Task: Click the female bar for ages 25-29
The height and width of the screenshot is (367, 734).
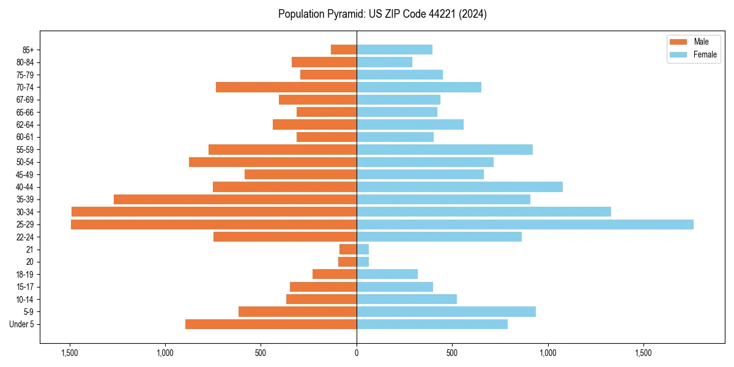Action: pyautogui.click(x=525, y=224)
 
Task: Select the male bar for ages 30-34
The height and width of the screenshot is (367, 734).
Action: pyautogui.click(x=214, y=212)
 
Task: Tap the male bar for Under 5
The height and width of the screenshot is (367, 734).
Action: pyautogui.click(x=271, y=324)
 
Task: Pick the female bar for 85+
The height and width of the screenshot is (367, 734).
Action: pyautogui.click(x=395, y=50)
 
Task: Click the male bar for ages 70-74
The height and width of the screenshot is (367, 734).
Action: pyautogui.click(x=286, y=87)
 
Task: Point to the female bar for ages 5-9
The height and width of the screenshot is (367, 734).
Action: pyautogui.click(x=446, y=311)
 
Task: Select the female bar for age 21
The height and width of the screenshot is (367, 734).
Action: pyautogui.click(x=363, y=249)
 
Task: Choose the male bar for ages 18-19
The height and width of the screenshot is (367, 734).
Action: pyautogui.click(x=335, y=274)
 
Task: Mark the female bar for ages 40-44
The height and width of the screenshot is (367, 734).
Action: pyautogui.click(x=459, y=187)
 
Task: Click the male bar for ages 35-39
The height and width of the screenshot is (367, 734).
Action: pyautogui.click(x=235, y=199)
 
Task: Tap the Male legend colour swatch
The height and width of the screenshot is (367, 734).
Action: pyautogui.click(x=679, y=42)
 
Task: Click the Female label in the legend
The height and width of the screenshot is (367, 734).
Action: pyautogui.click(x=705, y=54)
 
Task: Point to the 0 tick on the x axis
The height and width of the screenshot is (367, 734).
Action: pyautogui.click(x=357, y=353)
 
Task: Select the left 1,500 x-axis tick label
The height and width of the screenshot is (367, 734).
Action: pyautogui.click(x=70, y=353)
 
